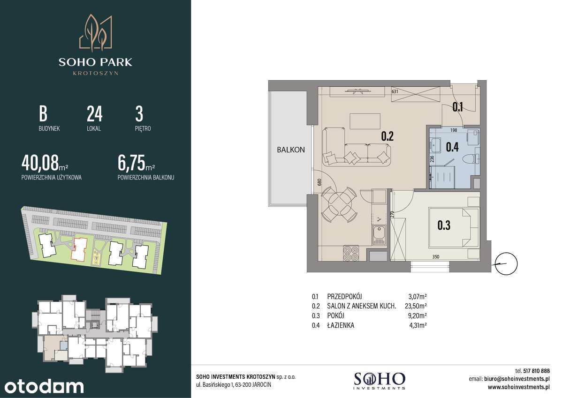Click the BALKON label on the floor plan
[291, 150]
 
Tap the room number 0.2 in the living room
[387, 136]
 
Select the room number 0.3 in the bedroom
[444, 225]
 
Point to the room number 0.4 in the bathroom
[452, 147]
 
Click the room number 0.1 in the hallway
[458, 107]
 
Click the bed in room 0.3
[453, 227]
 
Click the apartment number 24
[94, 114]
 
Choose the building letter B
[43, 114]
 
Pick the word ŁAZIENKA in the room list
[341, 325]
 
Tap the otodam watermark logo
[42, 386]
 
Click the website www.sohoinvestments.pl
[518, 387]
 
